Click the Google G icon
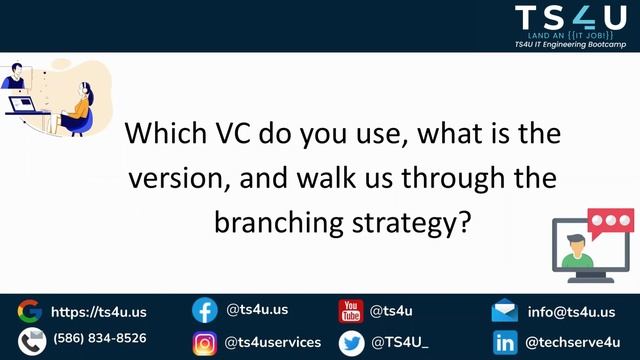[x=29, y=311]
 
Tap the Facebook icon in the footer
[x=204, y=311]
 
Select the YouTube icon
[x=351, y=311]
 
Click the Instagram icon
[x=204, y=343]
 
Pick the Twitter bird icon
[x=351, y=343]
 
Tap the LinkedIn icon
[x=505, y=343]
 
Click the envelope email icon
[x=505, y=311]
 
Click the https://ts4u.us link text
[x=98, y=311]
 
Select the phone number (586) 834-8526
[x=99, y=338]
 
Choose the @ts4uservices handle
[x=273, y=342]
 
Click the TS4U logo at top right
[x=567, y=20]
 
